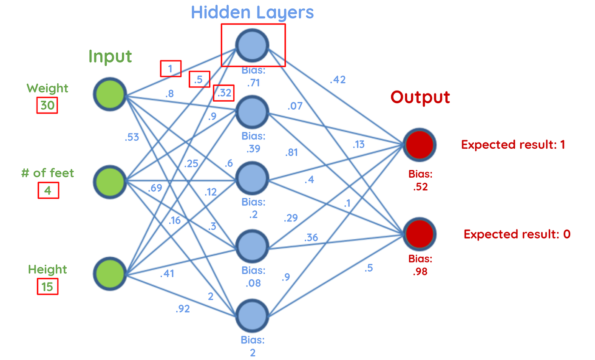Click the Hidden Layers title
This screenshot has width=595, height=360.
[252, 12]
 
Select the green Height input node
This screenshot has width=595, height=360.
[110, 272]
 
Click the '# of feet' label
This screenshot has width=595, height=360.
[48, 173]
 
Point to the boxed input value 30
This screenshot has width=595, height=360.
[47, 105]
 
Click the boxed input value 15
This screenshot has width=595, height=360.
[47, 287]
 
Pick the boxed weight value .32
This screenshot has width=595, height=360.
[224, 93]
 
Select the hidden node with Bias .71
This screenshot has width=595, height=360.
[252, 45]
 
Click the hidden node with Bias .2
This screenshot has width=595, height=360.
[252, 179]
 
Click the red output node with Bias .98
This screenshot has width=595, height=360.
[419, 233]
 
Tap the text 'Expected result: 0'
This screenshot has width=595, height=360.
[517, 234]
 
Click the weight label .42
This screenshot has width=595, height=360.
[338, 79]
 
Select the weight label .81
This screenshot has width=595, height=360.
[292, 152]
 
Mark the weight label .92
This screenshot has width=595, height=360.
[182, 309]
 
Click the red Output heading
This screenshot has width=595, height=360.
[420, 97]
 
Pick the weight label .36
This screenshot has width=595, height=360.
[311, 237]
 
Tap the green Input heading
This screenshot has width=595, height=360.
[110, 57]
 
